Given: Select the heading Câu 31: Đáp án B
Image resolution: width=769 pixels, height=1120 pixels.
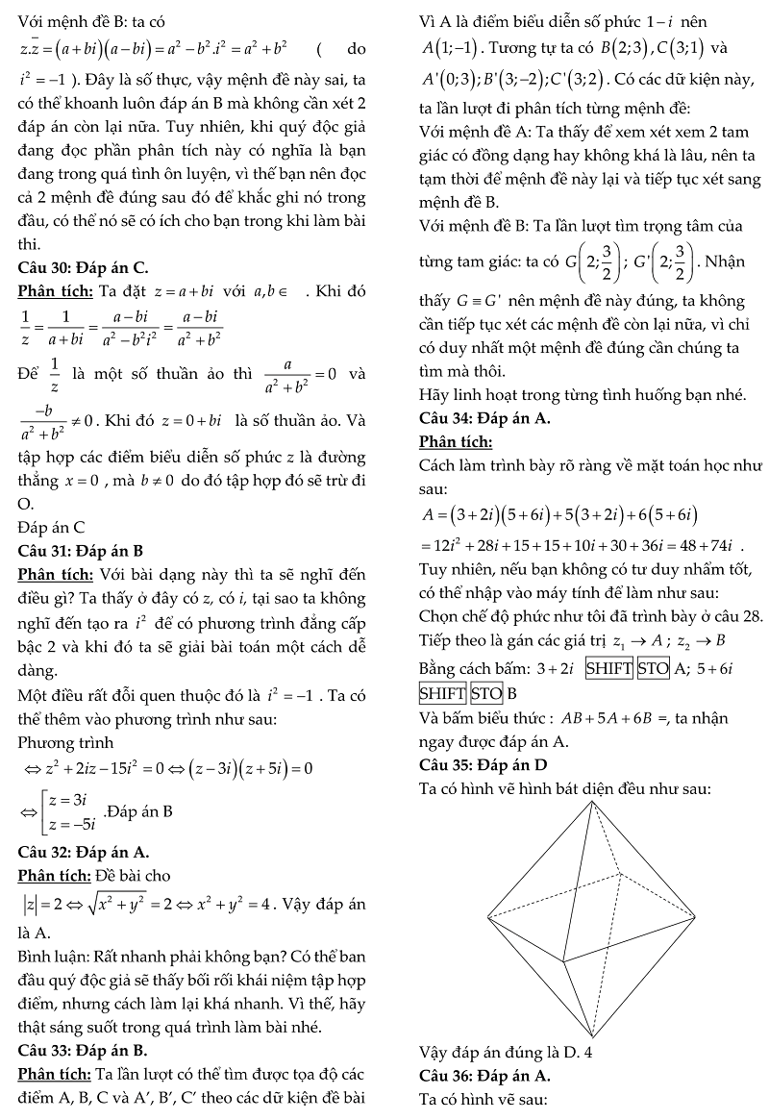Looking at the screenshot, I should click(81, 551).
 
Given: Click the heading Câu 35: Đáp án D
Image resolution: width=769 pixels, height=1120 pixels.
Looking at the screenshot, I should click(484, 765).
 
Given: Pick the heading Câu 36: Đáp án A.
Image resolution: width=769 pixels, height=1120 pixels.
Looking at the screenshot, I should click(485, 1074).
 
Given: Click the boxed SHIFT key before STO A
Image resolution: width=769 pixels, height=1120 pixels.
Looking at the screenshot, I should click(609, 668).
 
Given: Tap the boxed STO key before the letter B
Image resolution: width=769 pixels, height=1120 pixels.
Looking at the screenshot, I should click(486, 693).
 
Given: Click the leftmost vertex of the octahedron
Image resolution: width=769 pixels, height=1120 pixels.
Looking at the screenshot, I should click(487, 914).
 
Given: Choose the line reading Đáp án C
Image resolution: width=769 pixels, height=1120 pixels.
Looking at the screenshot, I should click(52, 527).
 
